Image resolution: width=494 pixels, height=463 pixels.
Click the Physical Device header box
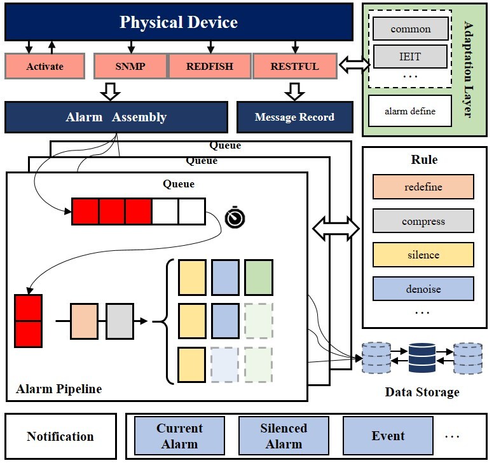(x=179, y=23)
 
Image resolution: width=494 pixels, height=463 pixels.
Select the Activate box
(x=45, y=66)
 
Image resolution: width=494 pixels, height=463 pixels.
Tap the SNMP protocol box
(x=130, y=66)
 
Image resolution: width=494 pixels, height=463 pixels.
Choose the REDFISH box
(x=209, y=66)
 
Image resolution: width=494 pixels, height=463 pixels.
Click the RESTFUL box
(x=294, y=66)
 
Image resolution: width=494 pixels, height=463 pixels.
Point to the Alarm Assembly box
(x=116, y=117)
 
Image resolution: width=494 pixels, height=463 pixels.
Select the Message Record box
(x=294, y=117)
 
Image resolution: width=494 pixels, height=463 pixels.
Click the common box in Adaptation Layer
(x=410, y=29)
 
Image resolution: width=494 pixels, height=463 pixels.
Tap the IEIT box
(x=410, y=57)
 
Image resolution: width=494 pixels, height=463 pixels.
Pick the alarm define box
(x=410, y=111)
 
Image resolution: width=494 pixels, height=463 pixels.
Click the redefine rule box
(x=423, y=187)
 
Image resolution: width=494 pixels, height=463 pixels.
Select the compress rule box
(x=423, y=222)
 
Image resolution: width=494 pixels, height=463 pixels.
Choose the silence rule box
(x=423, y=255)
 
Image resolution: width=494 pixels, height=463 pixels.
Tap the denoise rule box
(x=423, y=289)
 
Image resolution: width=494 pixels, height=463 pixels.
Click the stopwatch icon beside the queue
(x=235, y=218)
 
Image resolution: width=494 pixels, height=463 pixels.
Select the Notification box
(x=60, y=436)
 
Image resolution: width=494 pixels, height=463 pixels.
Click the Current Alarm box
(x=179, y=436)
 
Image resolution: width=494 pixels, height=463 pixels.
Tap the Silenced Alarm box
(x=284, y=436)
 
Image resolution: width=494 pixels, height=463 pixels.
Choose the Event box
(x=388, y=436)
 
